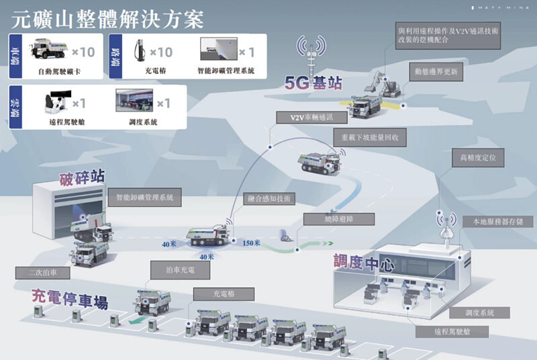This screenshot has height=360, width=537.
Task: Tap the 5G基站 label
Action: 313,84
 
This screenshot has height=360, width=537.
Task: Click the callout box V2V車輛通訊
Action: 311,118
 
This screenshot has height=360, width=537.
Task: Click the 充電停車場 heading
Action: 70,298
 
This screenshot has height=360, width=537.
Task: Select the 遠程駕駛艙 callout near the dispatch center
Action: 452,331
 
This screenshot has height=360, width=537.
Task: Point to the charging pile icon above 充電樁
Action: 140,51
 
